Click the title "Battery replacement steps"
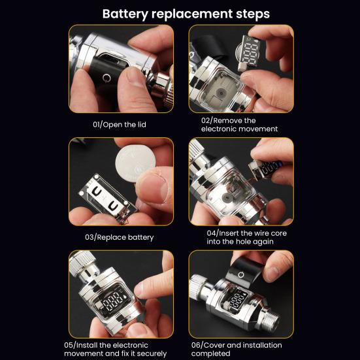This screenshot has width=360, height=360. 186,14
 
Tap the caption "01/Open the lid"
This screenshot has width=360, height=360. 120,125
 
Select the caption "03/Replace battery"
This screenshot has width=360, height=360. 120,237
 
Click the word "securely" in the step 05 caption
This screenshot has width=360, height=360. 152,353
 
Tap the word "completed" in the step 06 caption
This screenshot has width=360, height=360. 211,353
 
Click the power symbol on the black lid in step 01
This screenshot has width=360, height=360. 106,78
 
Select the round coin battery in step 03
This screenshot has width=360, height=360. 135,163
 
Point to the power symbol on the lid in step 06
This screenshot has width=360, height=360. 241,274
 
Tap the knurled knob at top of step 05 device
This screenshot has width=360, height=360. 82,263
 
